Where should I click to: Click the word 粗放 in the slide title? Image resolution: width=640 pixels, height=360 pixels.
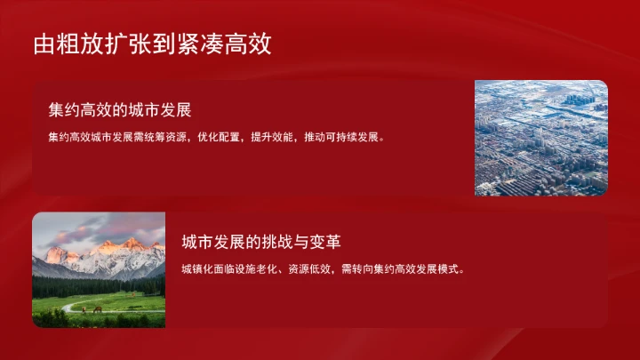pos(76,44)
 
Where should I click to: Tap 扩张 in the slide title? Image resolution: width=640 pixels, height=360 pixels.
pos(123,44)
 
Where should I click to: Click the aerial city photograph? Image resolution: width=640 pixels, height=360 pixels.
pos(540,138)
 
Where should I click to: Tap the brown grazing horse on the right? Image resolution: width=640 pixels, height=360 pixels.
pos(96,310)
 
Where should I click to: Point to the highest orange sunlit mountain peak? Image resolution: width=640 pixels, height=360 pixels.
pos(110,243)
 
